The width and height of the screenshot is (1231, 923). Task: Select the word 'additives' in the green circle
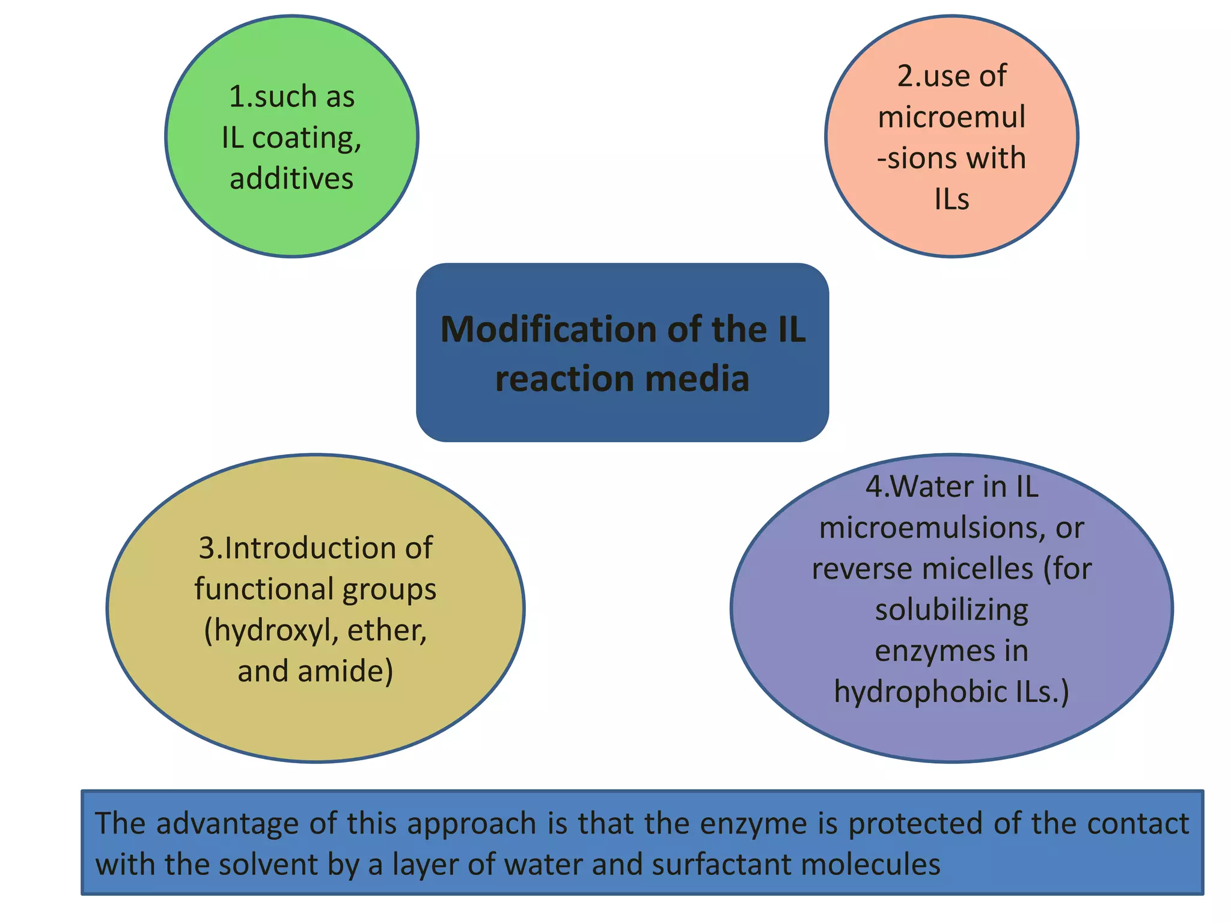[x=292, y=179]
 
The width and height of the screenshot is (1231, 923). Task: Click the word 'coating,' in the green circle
[x=307, y=138]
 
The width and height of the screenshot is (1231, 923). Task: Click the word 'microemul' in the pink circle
[x=952, y=117]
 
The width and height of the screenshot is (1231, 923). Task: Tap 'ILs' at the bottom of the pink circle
[x=952, y=200]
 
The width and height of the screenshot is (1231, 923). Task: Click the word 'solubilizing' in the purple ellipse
[x=952, y=610]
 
